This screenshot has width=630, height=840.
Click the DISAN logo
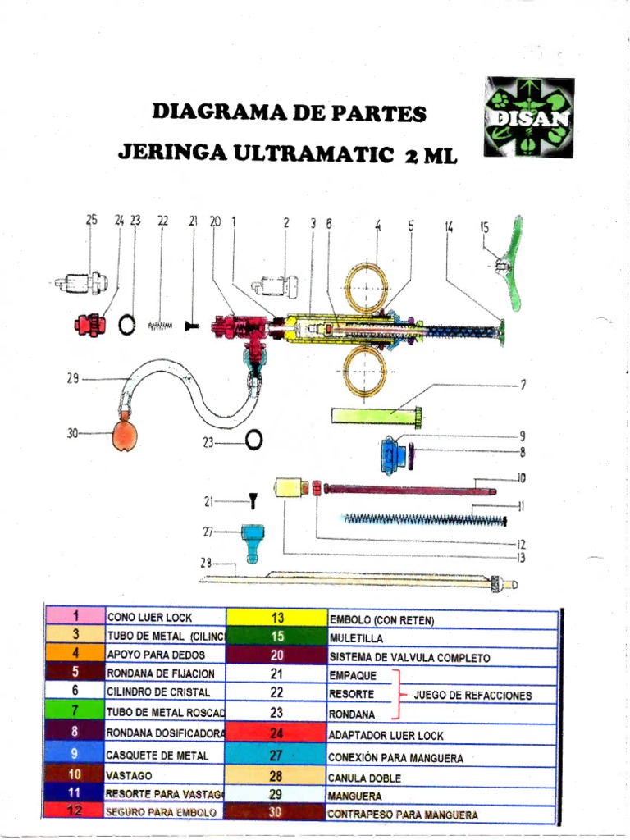[528, 117]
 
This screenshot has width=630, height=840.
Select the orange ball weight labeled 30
[125, 434]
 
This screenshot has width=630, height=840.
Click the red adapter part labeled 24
[88, 325]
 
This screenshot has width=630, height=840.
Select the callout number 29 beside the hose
[72, 378]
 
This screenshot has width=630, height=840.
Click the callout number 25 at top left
[91, 220]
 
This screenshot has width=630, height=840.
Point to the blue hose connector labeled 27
[252, 542]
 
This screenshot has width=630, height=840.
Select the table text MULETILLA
[355, 637]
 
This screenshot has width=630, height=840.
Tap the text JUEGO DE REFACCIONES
[472, 696]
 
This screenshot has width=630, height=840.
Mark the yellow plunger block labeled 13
[287, 488]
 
